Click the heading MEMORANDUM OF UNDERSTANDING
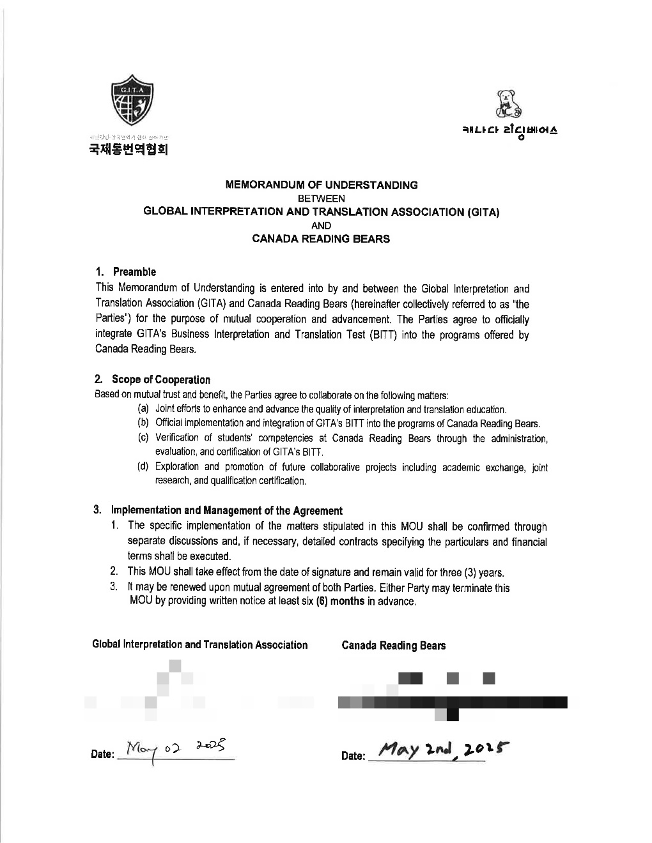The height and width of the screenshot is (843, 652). coord(322,185)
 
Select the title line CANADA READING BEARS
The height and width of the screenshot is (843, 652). coord(321,239)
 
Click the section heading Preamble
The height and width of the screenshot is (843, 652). coord(134,271)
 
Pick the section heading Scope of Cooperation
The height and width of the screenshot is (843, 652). coord(160,379)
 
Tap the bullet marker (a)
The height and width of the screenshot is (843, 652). coord(144,409)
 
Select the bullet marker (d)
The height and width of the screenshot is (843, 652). coord(144,466)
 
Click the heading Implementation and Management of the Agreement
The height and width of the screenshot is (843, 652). coord(227,510)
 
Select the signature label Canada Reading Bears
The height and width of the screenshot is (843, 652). coord(394,646)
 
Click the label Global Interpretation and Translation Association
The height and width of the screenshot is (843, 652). coord(200,645)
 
